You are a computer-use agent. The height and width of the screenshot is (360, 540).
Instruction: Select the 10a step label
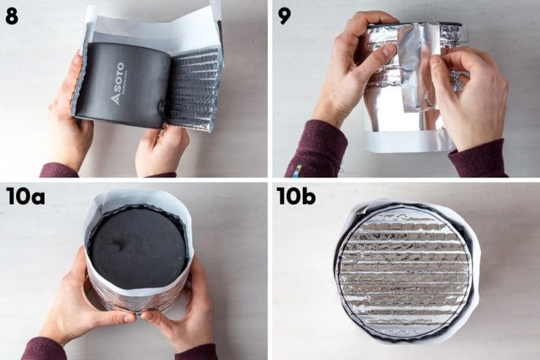coord(25,196)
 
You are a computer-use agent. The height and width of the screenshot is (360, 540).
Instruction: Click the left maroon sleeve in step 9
coord(316,151)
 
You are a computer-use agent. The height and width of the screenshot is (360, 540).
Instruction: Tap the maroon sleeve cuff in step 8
coord(56,171)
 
